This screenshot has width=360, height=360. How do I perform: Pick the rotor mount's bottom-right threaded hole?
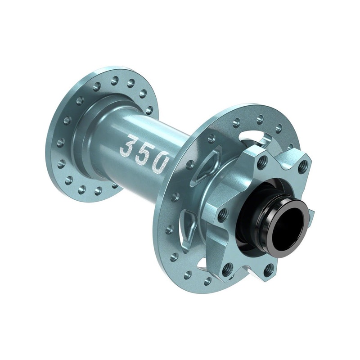pos(269,270)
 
